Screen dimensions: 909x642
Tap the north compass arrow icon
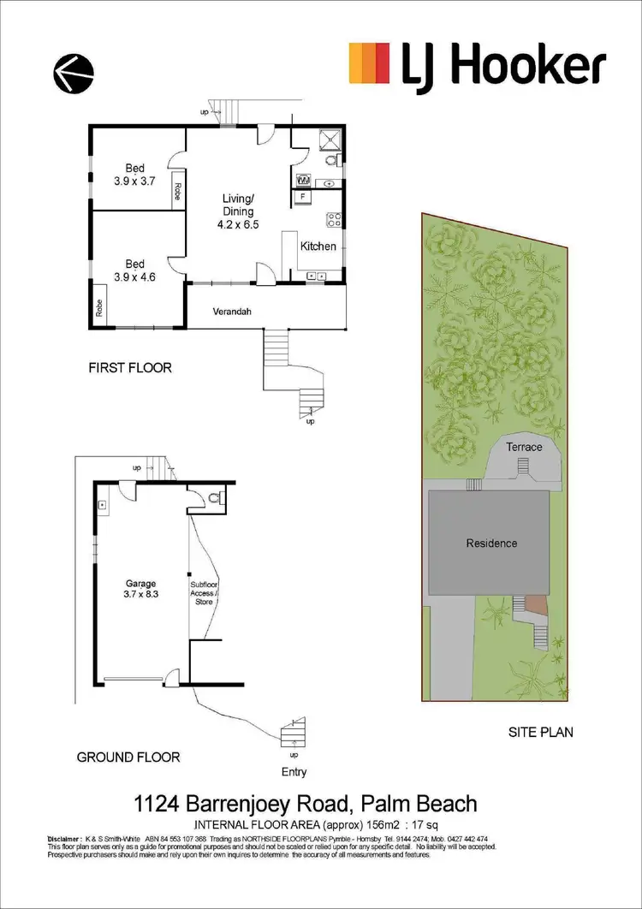(74, 74)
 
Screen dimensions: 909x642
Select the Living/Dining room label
(235, 211)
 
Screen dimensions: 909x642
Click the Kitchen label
(318, 247)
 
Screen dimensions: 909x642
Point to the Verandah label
(231, 312)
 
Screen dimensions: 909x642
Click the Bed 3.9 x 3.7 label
(134, 174)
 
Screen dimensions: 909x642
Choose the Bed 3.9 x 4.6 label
(134, 270)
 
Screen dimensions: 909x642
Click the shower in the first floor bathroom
(331, 139)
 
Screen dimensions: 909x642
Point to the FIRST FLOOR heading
(130, 368)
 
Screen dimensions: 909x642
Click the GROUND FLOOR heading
(128, 757)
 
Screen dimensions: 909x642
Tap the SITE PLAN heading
(540, 732)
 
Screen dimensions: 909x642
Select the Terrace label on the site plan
(523, 447)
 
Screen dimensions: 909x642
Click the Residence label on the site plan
(491, 543)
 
